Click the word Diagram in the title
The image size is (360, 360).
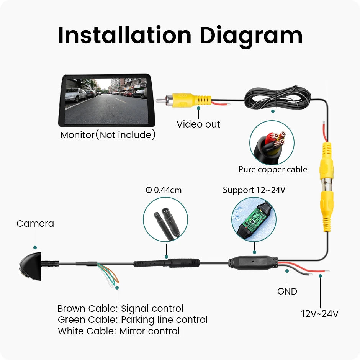[x=251, y=37]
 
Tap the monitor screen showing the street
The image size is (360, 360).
[x=106, y=101]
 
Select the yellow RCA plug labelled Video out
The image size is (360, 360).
[x=184, y=100]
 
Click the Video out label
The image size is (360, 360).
[x=198, y=124]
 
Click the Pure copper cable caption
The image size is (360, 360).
[x=273, y=169]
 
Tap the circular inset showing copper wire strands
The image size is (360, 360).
[x=272, y=142]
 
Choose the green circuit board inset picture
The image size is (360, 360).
[x=254, y=219]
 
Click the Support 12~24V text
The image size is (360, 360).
[x=254, y=190]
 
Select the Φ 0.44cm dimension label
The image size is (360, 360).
[x=164, y=190]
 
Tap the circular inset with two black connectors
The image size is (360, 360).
[x=165, y=219]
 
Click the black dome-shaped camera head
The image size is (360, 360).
[x=31, y=266]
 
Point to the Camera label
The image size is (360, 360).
[x=35, y=223]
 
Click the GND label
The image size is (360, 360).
[x=287, y=291]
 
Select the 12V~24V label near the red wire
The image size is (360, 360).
[x=319, y=314]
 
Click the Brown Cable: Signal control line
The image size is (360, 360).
[x=120, y=309]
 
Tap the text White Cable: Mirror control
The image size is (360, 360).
[x=119, y=331]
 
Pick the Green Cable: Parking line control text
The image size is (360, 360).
[x=133, y=320]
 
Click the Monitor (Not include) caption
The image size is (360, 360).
[x=108, y=135]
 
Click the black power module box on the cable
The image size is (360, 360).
[x=253, y=263]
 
